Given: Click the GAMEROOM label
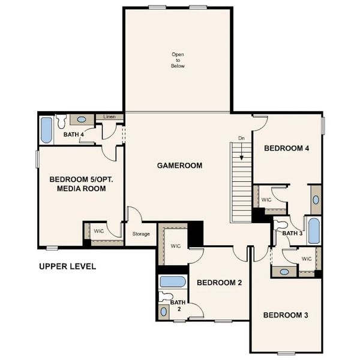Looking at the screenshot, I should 179,166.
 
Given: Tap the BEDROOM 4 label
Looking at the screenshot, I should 287,148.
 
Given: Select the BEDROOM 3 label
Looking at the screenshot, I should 286,315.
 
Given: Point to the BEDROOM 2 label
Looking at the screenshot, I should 219,283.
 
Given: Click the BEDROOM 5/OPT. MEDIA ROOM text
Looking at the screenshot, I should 77,184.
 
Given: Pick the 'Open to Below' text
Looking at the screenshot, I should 178,60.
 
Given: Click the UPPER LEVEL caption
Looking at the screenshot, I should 67,266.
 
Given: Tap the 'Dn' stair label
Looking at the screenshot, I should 241,139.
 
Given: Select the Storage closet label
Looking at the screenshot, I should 141,234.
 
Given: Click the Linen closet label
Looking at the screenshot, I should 109,116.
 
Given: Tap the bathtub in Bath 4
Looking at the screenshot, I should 46,128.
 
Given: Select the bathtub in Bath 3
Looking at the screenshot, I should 313,230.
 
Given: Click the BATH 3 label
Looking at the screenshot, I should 292,233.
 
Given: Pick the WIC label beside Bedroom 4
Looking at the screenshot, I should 266,199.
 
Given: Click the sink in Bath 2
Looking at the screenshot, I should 164,311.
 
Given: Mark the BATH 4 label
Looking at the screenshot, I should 73,134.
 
